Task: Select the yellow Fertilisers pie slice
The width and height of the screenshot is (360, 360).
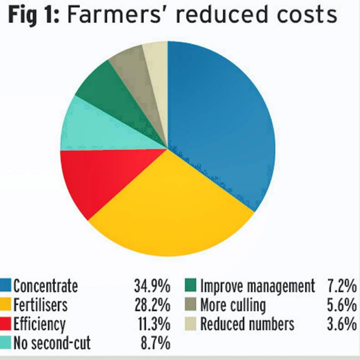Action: [169, 210]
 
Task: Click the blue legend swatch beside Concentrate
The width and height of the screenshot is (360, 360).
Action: [5, 286]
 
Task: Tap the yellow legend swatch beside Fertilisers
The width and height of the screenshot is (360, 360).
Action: [5, 304]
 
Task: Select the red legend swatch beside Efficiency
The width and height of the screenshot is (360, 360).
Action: [5, 324]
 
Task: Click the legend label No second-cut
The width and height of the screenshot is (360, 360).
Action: [51, 342]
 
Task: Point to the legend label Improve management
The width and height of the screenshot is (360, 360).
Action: [257, 286]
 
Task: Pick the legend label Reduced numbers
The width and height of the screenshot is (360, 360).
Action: [247, 324]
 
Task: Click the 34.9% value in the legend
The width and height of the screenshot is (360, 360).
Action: [152, 286]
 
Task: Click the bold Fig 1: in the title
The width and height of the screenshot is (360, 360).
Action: [34, 15]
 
